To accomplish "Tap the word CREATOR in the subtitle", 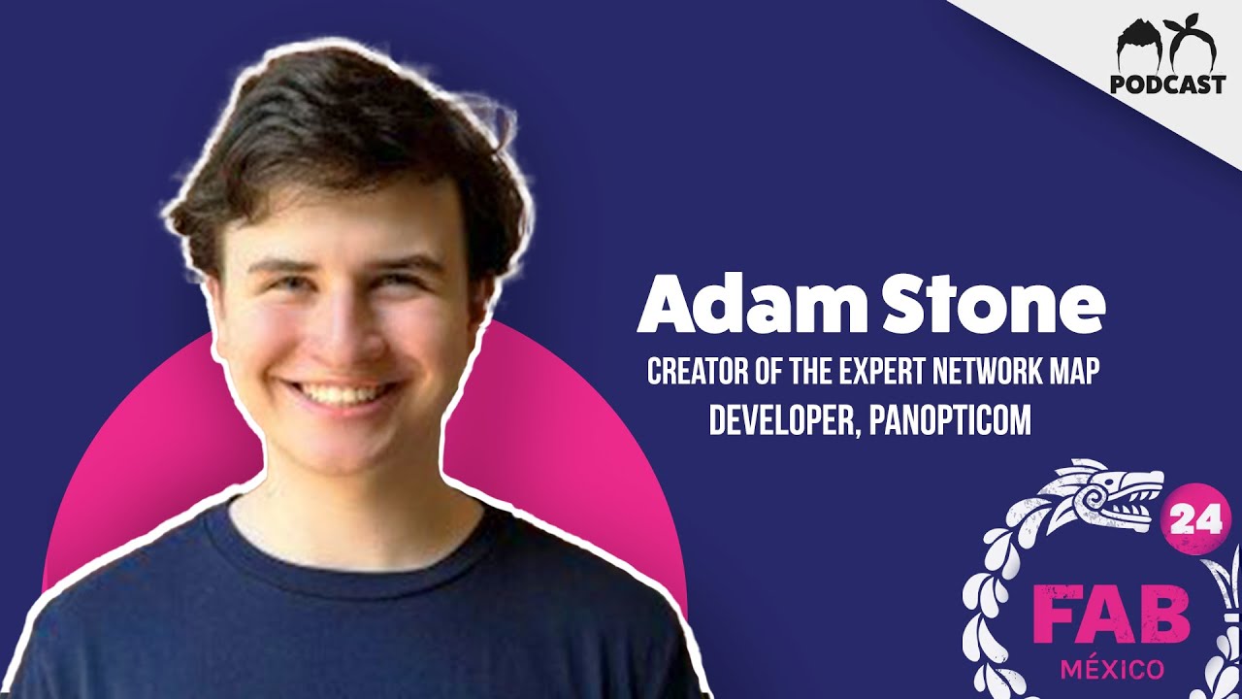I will coord(696,373).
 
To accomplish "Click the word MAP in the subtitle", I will coord(1075,373).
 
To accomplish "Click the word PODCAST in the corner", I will coord(1167,84).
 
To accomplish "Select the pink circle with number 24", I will coord(1188,521).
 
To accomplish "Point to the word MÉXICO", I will coord(1111,670).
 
